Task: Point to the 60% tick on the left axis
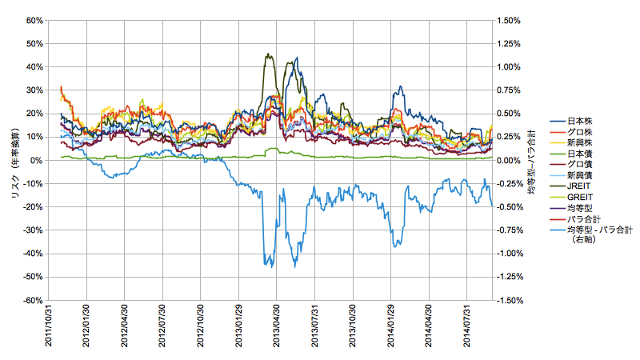(x=33, y=21)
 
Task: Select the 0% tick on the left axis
(x=37, y=161)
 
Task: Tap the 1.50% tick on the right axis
(x=509, y=21)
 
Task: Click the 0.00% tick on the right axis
(x=509, y=161)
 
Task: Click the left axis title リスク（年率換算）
(x=14, y=161)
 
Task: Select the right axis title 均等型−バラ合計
(x=531, y=161)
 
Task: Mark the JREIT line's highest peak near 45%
(x=267, y=54)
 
